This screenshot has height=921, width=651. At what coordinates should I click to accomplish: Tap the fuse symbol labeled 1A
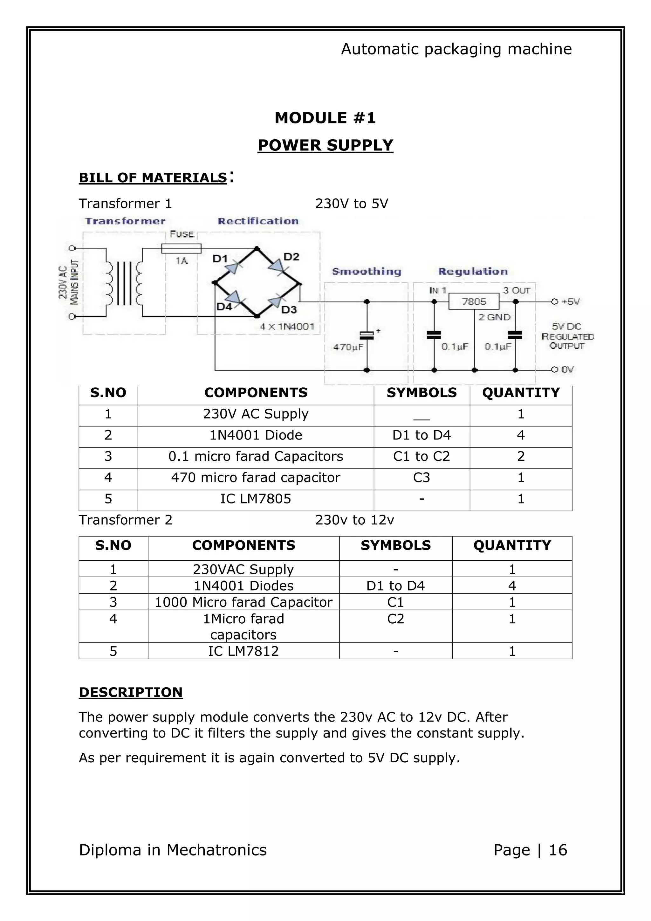point(181,249)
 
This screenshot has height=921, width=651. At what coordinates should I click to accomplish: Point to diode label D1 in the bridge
point(220,259)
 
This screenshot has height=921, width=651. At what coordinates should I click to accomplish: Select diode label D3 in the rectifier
point(289,310)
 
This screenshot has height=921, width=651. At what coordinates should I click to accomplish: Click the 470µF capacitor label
point(348,347)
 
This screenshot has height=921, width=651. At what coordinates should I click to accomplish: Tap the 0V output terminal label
point(567,370)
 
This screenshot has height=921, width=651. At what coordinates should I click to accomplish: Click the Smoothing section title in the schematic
point(367,272)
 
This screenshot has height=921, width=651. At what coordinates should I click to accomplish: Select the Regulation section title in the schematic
point(473,272)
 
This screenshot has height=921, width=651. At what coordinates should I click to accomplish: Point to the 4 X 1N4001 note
point(287,327)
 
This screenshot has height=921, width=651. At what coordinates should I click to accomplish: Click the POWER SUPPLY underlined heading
point(325,145)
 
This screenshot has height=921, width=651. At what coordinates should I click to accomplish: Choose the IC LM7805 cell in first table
point(255,499)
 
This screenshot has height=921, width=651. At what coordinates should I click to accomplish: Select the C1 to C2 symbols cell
point(421,456)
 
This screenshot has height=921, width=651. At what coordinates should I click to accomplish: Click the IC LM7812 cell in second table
point(243,651)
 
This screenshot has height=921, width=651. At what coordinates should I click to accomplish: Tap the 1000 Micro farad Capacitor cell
point(243,602)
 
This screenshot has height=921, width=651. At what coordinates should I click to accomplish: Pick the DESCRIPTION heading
point(131,692)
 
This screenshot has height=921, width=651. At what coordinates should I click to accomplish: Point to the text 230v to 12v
point(354,520)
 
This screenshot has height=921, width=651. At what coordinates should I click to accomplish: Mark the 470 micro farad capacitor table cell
point(255,477)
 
